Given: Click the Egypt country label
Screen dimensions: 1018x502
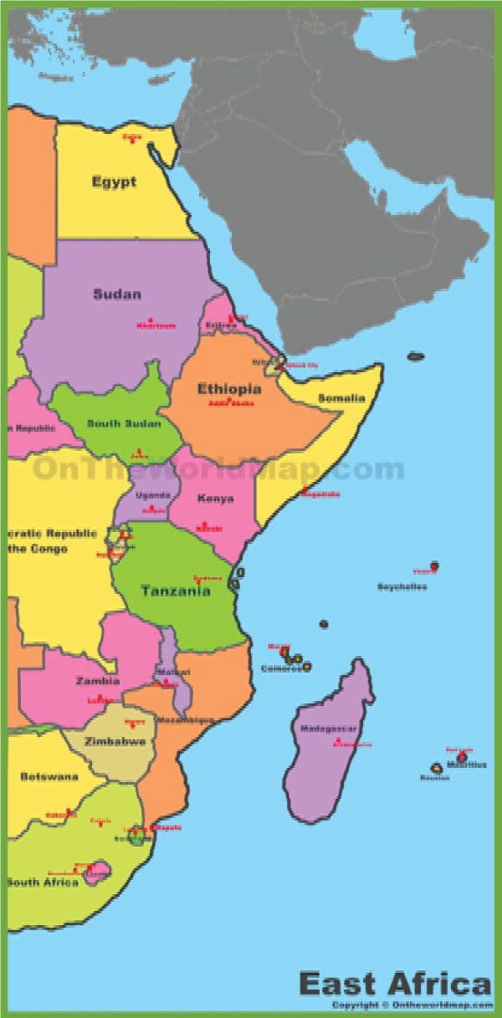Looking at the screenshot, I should point(115,182).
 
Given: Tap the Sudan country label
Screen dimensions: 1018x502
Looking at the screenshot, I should point(117,294).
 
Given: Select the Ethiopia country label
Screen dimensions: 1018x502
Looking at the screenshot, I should point(228,389).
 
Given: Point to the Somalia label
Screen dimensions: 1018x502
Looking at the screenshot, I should point(341,398).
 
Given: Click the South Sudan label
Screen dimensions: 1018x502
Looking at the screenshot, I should point(124,424).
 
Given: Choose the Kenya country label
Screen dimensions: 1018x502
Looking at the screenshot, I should point(215,499).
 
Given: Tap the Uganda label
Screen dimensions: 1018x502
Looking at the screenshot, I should point(153,494).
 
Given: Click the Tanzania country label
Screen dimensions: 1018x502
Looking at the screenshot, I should point(175,591).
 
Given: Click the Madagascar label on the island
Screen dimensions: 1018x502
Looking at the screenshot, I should point(328,729).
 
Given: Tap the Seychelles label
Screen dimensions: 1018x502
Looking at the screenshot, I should point(402,587).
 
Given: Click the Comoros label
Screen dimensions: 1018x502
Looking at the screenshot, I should point(278,668).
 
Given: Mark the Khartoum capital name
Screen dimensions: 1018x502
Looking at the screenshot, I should point(156,326).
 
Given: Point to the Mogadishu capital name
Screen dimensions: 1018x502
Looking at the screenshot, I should point(321,494).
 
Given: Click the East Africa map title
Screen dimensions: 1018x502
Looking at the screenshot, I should point(395,982).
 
